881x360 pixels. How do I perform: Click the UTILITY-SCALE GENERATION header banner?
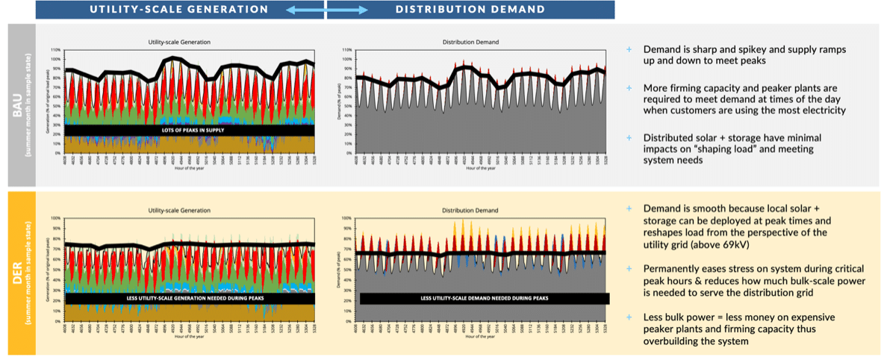[179, 10]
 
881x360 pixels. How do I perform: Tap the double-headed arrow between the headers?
[326, 10]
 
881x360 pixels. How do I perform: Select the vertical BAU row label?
[19, 105]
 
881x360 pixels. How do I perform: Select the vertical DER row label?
[19, 272]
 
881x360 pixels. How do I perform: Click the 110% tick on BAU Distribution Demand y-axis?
[347, 50]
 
